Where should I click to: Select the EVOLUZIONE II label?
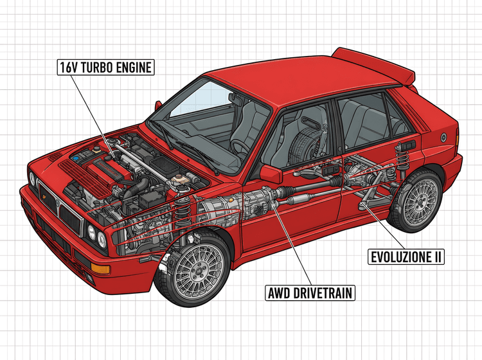click(406, 257)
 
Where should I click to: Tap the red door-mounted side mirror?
click(271, 172)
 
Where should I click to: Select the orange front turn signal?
click(101, 267)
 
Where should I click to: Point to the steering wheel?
click(239, 145)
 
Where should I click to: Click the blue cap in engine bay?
click(76, 157)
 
